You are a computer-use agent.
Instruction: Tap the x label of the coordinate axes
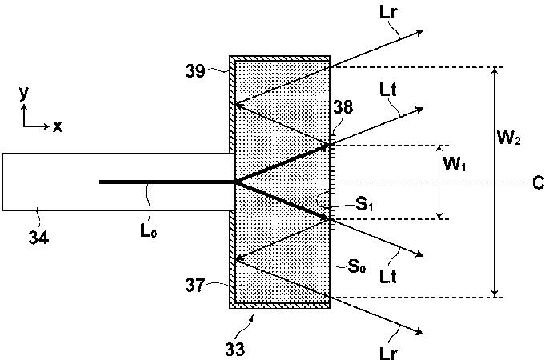(x=58, y=126)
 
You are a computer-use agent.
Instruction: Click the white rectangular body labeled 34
(x=48, y=182)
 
